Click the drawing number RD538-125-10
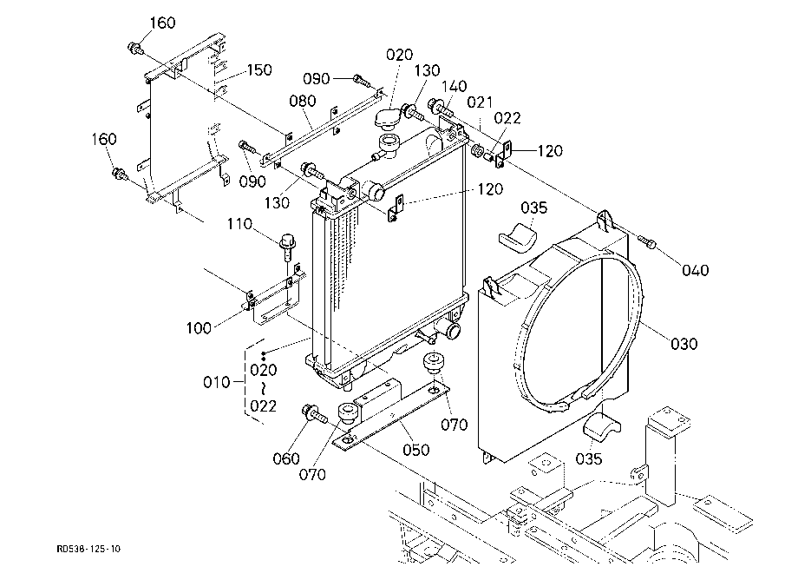coord(88,549)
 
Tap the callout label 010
coord(217,382)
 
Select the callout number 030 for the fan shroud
coord(684,344)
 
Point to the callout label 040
coord(695,270)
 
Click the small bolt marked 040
coord(647,241)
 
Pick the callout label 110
coord(239,223)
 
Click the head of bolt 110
coord(288,241)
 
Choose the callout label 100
coord(199,328)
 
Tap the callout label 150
coord(259,69)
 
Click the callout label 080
coord(303,101)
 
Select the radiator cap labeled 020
coord(388,119)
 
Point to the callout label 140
coord(454,86)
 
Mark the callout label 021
coord(480,102)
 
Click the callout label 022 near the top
coord(507,118)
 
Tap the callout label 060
coord(286,458)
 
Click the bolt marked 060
coord(314,413)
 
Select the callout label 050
coord(415,450)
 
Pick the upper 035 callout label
coord(533,208)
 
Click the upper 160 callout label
coord(162,23)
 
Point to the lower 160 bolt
coord(121,174)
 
